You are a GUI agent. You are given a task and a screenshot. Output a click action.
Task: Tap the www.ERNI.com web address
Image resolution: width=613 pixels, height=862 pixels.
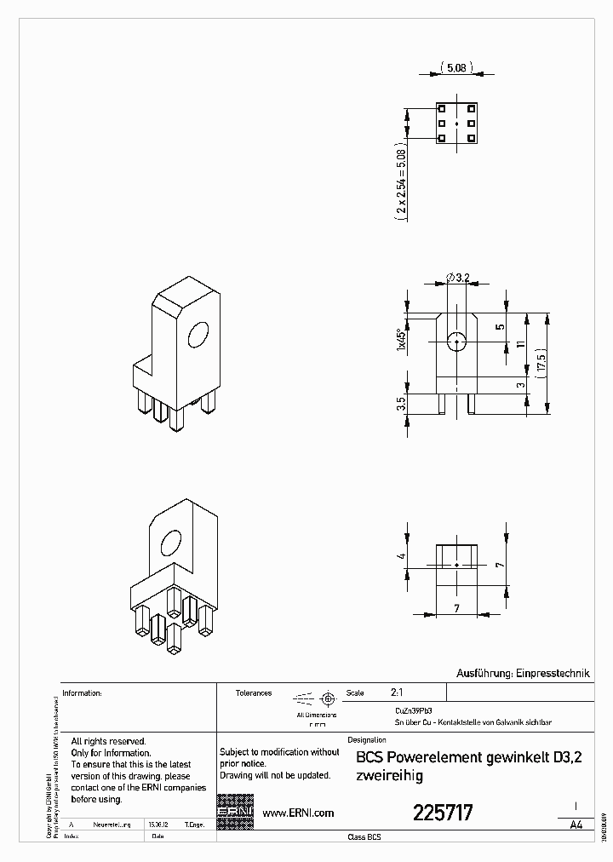298,813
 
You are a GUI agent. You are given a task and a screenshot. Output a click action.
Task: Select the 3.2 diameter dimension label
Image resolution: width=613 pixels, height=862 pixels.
461,278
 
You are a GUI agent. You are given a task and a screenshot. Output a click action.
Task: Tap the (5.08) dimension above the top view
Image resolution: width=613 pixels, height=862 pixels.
455,67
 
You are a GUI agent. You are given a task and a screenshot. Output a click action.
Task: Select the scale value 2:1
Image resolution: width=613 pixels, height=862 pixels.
397,693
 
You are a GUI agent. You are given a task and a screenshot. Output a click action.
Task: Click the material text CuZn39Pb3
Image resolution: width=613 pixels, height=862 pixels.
413,710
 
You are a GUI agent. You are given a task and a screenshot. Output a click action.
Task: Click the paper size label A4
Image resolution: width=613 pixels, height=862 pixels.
576,825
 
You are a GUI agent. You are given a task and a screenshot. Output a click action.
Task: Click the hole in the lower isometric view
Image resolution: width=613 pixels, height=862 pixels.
171,544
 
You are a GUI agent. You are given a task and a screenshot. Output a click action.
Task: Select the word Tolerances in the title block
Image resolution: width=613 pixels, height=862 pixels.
254,693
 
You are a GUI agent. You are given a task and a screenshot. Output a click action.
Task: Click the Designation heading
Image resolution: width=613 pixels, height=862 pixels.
368,740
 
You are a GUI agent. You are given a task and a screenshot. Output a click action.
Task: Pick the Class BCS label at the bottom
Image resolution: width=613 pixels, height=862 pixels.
364,837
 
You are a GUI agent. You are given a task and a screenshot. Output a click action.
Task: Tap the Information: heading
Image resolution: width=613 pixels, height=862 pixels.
83,693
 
